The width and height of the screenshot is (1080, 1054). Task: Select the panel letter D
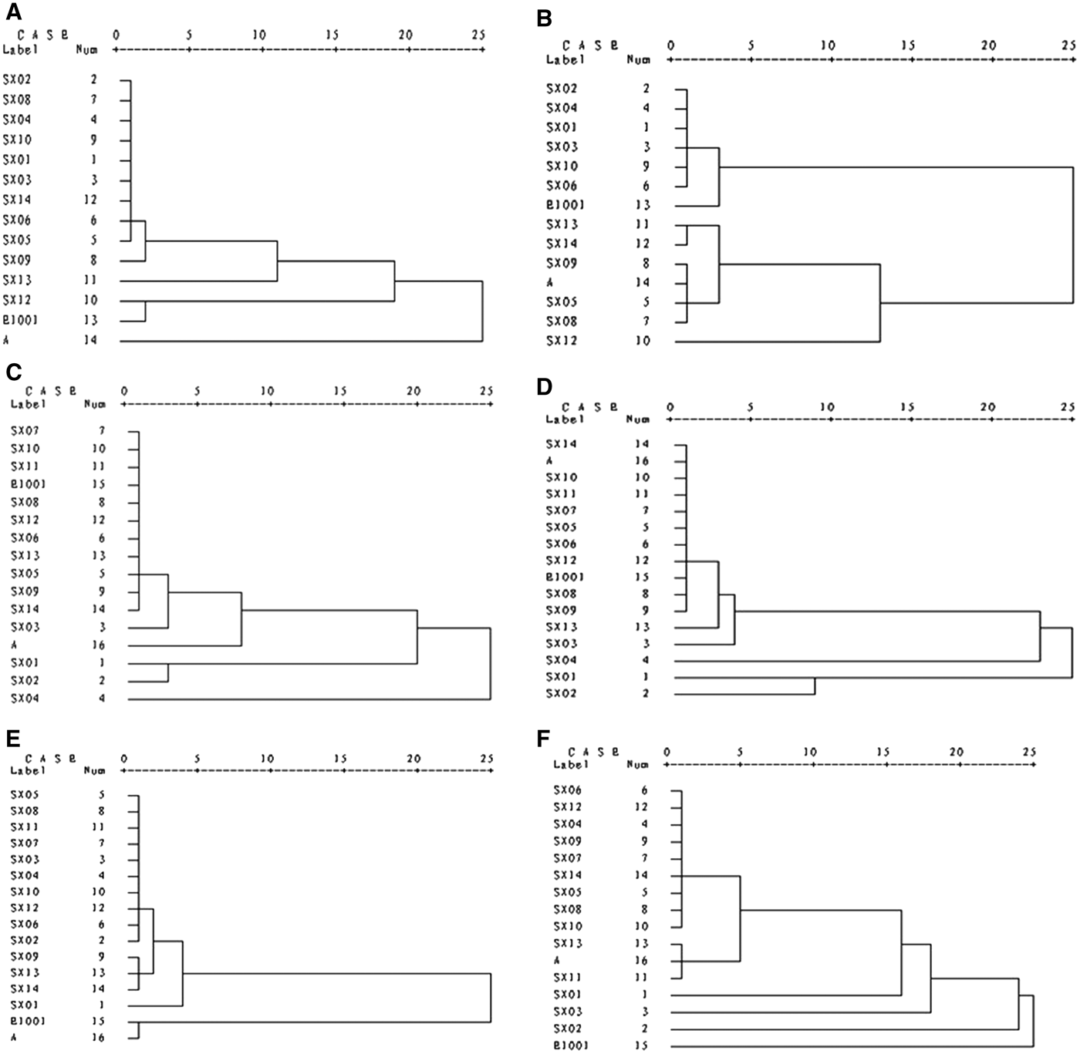click(545, 386)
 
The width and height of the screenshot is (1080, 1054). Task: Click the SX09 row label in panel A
click(17, 261)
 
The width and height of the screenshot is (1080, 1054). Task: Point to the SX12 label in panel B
click(561, 341)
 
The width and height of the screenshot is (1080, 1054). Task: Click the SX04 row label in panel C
click(25, 699)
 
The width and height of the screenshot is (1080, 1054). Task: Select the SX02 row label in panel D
click(561, 693)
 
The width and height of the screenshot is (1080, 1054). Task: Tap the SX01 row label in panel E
click(25, 1005)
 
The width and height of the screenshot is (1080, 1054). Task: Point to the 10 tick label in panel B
click(828, 45)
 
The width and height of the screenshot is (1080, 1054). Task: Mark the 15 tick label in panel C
click(340, 389)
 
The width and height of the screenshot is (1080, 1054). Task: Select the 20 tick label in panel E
click(414, 759)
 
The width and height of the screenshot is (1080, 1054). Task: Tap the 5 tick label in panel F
click(740, 752)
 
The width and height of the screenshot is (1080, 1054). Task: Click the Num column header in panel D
click(638, 419)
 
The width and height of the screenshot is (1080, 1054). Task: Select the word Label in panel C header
click(29, 403)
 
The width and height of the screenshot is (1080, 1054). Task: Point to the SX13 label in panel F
click(569, 943)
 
